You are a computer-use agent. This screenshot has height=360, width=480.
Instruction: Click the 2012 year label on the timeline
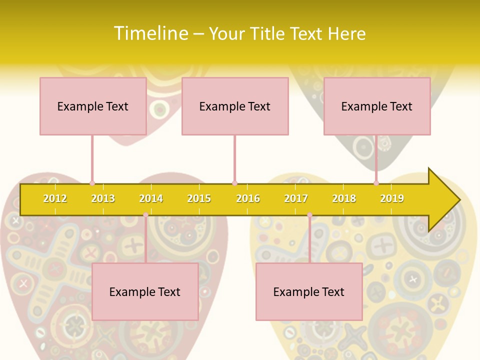(x=55, y=198)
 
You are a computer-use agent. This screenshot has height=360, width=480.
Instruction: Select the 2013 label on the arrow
(x=103, y=198)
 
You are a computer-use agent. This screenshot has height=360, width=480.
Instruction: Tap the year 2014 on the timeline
(x=151, y=198)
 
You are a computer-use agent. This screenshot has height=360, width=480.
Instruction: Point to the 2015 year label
(x=199, y=198)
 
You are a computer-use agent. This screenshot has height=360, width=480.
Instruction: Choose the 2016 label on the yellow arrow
(x=248, y=198)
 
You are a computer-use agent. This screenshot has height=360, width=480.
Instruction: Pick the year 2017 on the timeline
(x=296, y=198)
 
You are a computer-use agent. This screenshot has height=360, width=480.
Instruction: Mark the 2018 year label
(x=344, y=198)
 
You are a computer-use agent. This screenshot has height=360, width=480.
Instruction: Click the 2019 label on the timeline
(x=392, y=198)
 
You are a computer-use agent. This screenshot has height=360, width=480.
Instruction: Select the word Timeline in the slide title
(x=150, y=33)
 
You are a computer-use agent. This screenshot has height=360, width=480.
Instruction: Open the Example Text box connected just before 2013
(x=93, y=106)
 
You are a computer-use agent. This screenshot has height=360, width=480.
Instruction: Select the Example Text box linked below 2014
(x=145, y=291)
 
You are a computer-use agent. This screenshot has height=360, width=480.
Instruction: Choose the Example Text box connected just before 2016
(x=235, y=106)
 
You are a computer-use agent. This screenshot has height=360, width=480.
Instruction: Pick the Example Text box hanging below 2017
(x=309, y=291)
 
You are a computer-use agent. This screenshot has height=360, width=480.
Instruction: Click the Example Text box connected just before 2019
(x=377, y=106)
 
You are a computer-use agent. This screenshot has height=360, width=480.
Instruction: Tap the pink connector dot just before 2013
(x=92, y=183)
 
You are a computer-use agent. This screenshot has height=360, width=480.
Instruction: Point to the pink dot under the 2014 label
(x=145, y=215)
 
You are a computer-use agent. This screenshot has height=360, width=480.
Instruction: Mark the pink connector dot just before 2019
(x=376, y=183)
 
